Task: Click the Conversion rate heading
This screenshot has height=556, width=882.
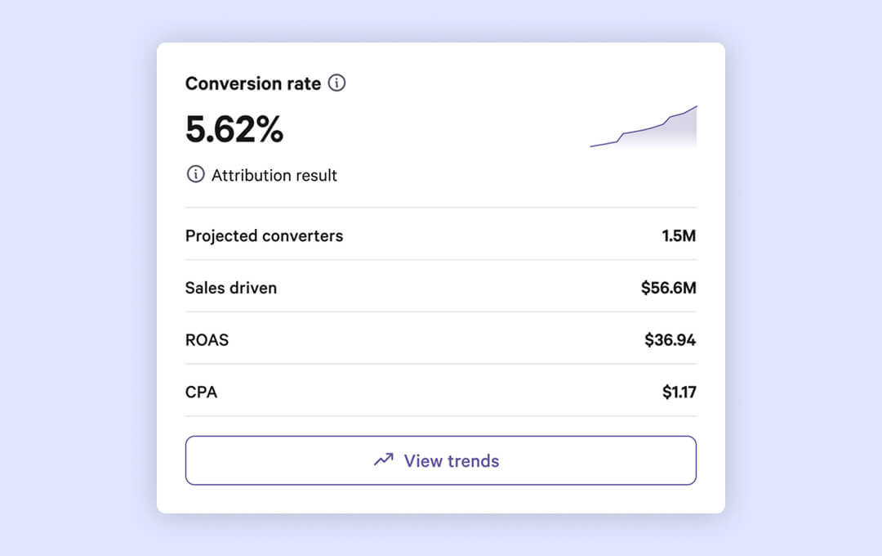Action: (252, 83)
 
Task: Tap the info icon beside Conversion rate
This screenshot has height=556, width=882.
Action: (336, 83)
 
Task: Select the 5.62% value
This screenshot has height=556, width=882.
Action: (234, 129)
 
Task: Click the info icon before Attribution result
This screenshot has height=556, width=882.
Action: (195, 174)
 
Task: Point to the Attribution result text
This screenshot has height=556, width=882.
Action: (274, 175)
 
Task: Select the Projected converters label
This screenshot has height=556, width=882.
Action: (264, 236)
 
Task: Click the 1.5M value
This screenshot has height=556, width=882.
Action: (679, 236)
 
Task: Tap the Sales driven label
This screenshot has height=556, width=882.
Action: (231, 288)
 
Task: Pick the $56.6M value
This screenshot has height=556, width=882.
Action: (668, 288)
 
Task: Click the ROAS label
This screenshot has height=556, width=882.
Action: (207, 340)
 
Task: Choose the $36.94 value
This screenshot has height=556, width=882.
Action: (670, 340)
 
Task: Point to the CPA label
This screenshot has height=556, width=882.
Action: (201, 392)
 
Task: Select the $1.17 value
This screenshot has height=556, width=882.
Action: (679, 392)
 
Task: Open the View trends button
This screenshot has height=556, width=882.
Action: (440, 460)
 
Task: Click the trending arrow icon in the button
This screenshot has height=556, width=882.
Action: (383, 460)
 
